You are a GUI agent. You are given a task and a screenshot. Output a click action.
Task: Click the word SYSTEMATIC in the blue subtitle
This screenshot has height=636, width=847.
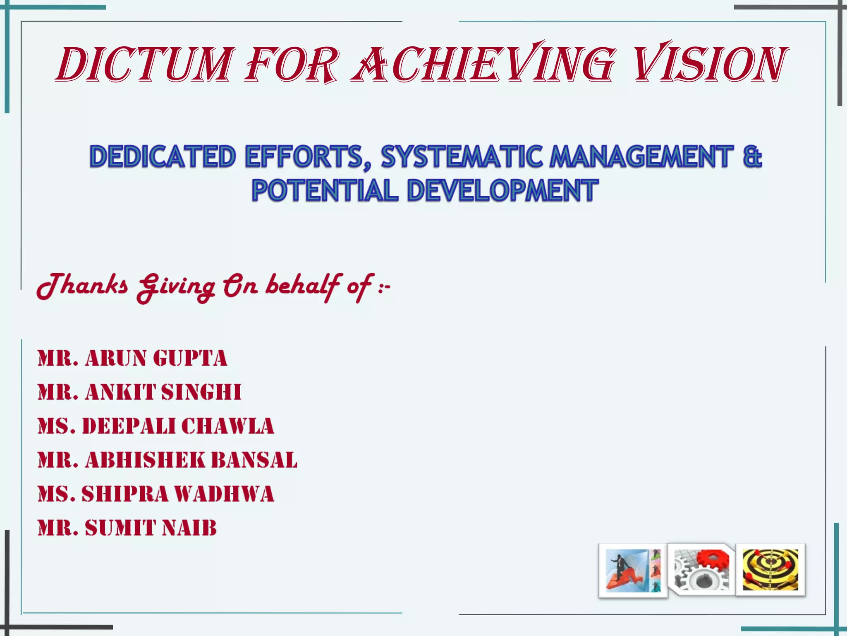click(461, 157)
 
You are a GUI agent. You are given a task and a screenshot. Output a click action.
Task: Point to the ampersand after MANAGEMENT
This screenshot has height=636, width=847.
click(752, 157)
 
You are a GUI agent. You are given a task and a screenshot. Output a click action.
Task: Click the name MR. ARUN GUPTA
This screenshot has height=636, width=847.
click(132, 358)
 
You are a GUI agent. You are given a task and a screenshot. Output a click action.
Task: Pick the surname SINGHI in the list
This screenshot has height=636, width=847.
click(201, 392)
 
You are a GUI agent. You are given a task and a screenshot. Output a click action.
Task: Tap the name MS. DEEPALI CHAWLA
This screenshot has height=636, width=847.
click(156, 426)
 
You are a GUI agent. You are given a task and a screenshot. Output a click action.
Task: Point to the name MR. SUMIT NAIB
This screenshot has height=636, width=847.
click(127, 528)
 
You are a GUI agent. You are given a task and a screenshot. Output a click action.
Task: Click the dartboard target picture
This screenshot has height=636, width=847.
click(770, 570)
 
